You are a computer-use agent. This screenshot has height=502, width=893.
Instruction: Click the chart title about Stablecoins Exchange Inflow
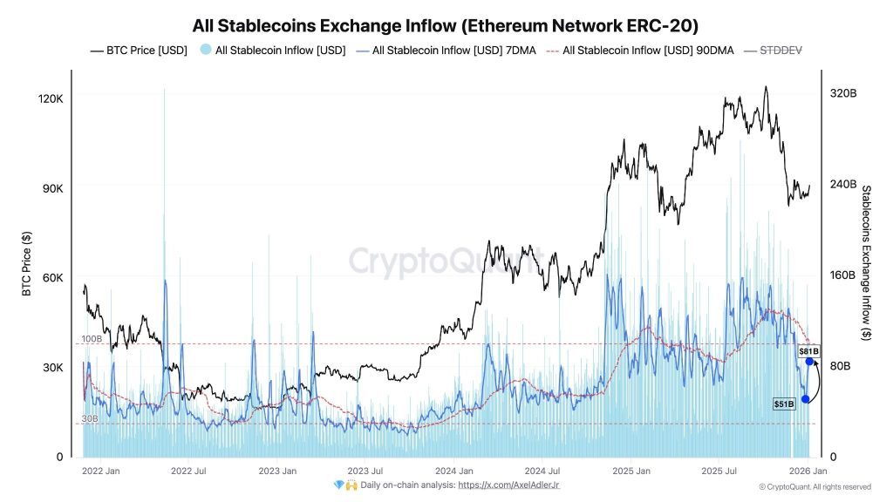point(446,24)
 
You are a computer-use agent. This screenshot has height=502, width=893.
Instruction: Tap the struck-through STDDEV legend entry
point(781,51)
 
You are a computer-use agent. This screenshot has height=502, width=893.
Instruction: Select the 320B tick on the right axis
point(845,93)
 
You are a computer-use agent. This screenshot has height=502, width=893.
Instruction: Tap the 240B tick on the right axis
point(845,185)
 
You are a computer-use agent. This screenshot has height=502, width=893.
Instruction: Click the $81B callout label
point(809,350)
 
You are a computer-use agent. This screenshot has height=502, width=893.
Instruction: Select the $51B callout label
point(784,404)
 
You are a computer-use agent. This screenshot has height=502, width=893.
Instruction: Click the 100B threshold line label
point(92,338)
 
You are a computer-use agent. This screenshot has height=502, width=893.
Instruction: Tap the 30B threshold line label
point(90,419)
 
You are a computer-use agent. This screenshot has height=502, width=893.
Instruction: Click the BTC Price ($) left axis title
point(26,264)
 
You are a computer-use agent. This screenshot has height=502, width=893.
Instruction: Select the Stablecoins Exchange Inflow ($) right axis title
point(866,261)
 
